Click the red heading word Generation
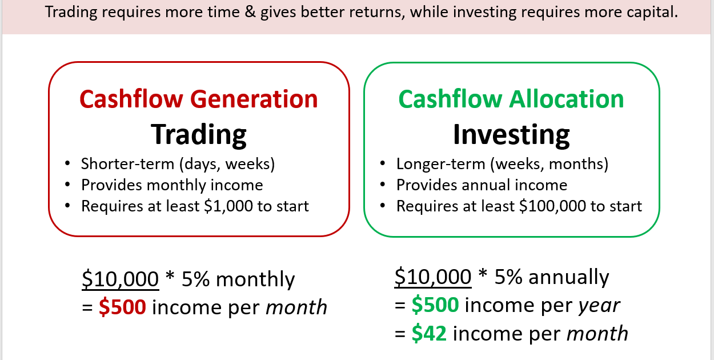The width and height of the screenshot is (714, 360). tap(254, 99)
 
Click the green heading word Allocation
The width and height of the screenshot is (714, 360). tap(567, 99)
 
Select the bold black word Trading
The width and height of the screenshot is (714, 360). tap(199, 135)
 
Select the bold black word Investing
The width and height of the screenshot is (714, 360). tap(511, 135)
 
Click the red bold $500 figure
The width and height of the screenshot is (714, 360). tap(122, 307)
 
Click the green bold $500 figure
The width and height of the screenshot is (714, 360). tap(435, 305)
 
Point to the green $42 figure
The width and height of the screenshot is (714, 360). tap(429, 334)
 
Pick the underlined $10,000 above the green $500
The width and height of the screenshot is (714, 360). tap(433, 277)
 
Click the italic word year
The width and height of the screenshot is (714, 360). tap(599, 306)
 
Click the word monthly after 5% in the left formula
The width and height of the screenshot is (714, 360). tap(255, 280)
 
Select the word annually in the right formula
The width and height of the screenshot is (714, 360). tap(569, 277)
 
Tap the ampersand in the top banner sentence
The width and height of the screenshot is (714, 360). tap(251, 12)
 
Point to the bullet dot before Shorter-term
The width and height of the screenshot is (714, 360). tap(67, 163)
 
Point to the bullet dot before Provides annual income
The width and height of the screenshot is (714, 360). tap(383, 185)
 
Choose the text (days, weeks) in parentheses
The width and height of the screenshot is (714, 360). tap(227, 165)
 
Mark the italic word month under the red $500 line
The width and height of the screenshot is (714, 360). tap(296, 307)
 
